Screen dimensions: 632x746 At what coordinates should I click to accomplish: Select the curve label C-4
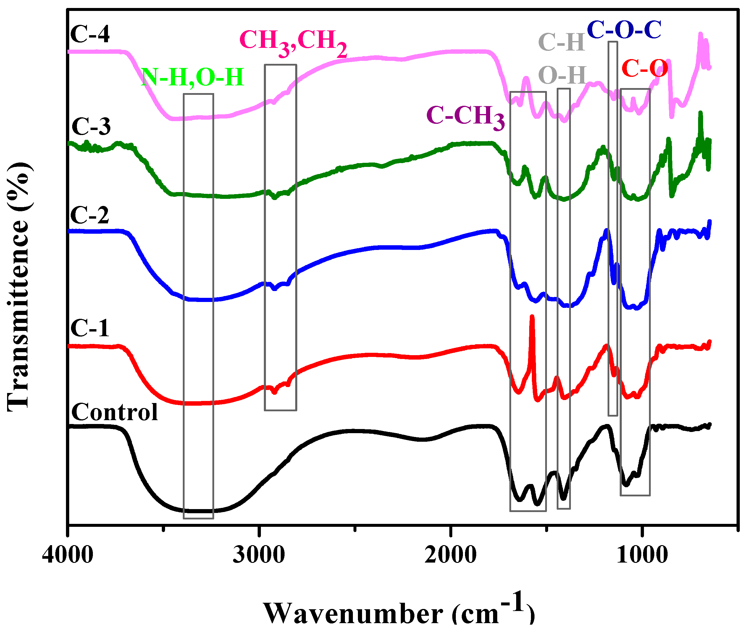click(x=90, y=34)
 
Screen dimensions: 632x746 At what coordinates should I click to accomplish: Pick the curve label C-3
click(x=91, y=126)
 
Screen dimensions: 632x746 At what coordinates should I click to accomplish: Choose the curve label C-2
click(x=90, y=215)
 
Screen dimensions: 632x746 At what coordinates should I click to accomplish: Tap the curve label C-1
click(x=90, y=328)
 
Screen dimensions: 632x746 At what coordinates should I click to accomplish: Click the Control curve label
click(x=114, y=412)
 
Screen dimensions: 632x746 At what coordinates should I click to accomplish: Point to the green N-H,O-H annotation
click(x=193, y=77)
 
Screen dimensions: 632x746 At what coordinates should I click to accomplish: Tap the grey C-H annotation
click(x=561, y=42)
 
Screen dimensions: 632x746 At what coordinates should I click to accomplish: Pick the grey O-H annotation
click(x=562, y=76)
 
